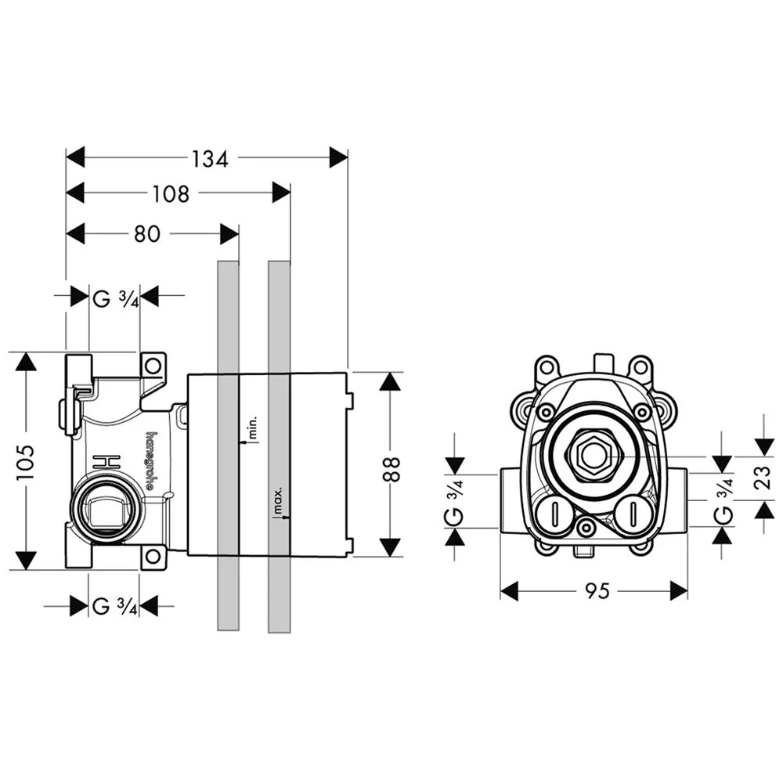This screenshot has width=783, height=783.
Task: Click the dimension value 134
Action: [210, 158]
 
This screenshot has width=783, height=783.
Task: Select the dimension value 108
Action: [171, 193]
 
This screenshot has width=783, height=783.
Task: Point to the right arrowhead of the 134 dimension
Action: [338, 158]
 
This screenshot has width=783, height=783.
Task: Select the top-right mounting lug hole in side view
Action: [154, 365]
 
